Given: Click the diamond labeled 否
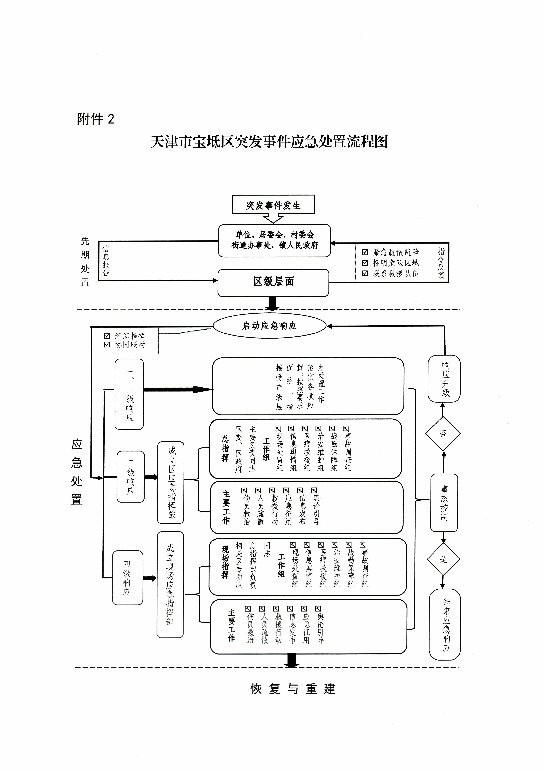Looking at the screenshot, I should pos(443,434).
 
